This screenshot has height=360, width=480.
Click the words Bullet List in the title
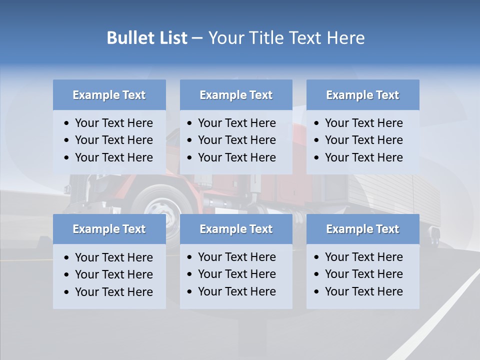coord(146,38)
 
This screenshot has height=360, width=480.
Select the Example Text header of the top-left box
coord(109,95)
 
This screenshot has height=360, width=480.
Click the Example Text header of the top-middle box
coord(236,95)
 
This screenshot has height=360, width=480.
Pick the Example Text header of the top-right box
coord(362,95)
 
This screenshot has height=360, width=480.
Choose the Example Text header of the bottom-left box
coord(109,229)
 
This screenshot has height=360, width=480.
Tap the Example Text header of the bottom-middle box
coord(236,229)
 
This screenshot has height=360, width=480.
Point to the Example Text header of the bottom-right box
coord(362,229)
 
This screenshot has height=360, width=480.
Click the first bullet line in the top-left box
coord(113,123)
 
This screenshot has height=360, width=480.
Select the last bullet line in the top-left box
coord(113,157)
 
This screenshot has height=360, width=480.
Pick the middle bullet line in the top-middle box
coord(236,140)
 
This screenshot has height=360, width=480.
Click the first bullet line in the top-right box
coord(363,123)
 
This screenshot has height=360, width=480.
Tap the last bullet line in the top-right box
coord(363,157)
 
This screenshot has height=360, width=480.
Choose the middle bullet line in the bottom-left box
coord(113,274)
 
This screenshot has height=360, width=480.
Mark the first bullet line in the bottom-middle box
coord(236,257)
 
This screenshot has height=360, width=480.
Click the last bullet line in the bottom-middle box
coord(236,291)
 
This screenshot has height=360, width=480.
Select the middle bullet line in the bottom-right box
coord(363,274)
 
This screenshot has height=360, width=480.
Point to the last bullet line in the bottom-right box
coord(363,291)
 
